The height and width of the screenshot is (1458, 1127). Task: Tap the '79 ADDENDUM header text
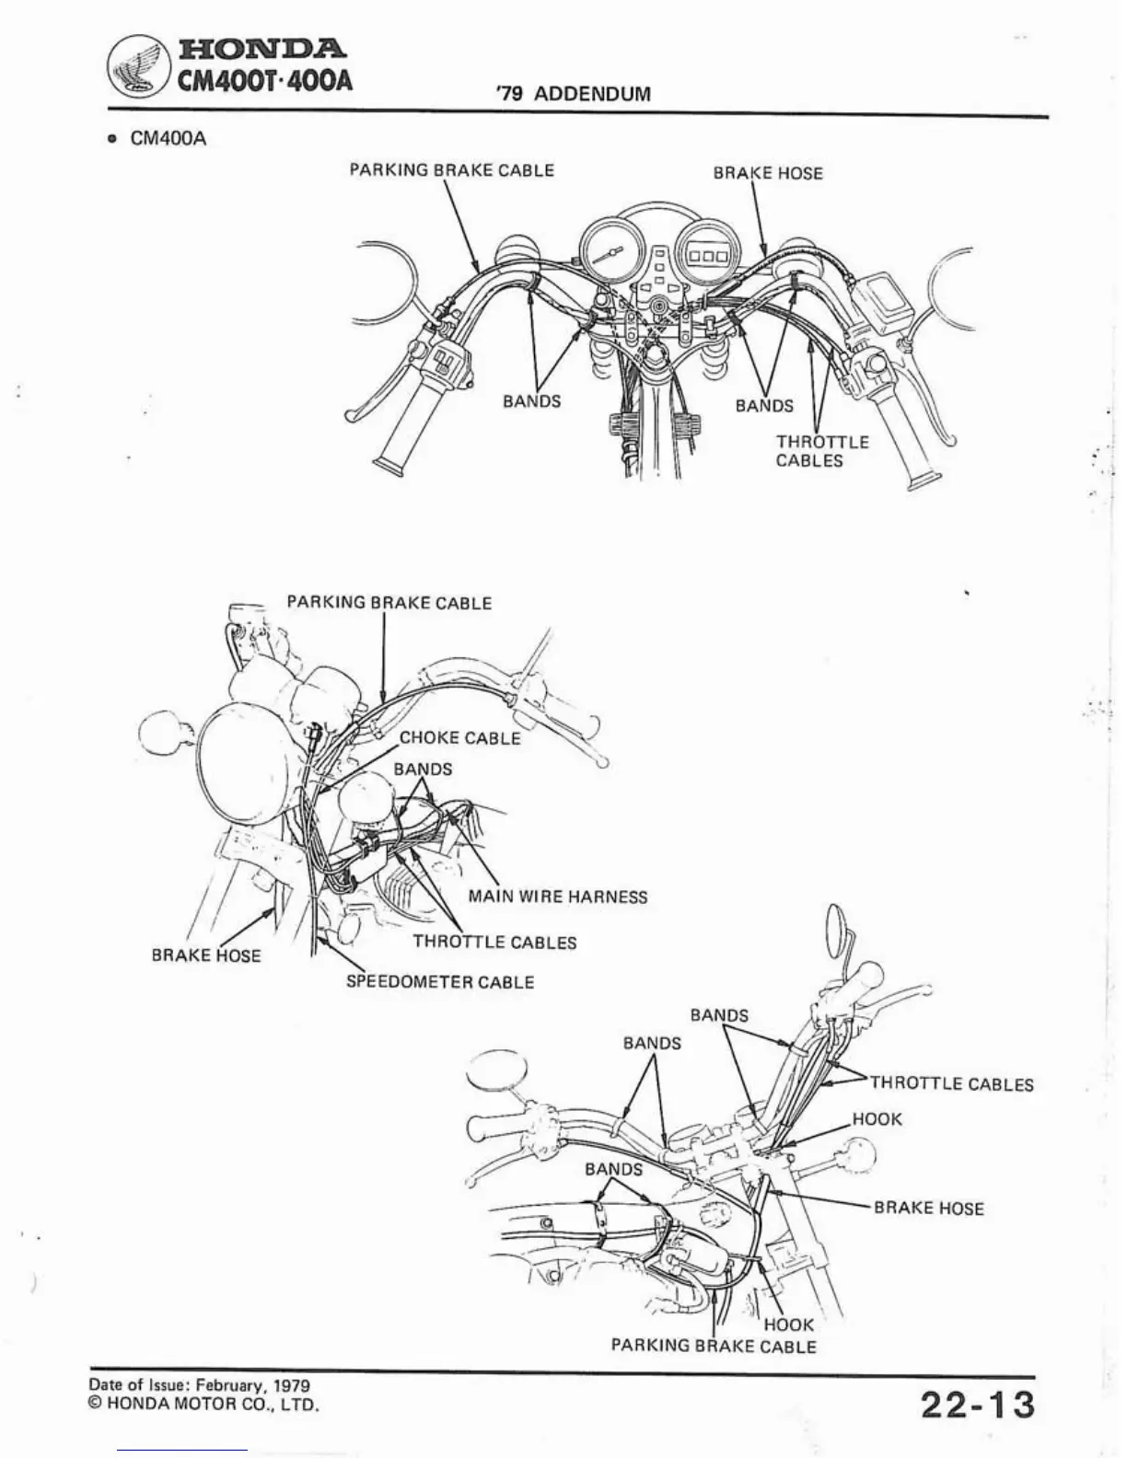click(573, 94)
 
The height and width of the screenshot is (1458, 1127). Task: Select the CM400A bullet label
click(168, 139)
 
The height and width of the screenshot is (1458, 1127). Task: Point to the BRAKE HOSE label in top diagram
click(768, 173)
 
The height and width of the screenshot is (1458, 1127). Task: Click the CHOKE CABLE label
click(459, 738)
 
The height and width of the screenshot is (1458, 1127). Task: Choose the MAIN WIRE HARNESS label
click(558, 897)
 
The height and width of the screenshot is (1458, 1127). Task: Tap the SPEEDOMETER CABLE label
click(440, 982)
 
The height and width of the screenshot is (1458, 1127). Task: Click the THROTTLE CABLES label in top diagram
click(821, 451)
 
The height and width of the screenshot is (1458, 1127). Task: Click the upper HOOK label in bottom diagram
click(877, 1119)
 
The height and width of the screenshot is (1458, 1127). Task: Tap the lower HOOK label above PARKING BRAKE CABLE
click(789, 1325)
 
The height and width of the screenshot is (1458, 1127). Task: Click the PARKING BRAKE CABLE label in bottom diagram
click(714, 1346)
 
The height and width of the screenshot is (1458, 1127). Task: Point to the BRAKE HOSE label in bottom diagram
click(928, 1208)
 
